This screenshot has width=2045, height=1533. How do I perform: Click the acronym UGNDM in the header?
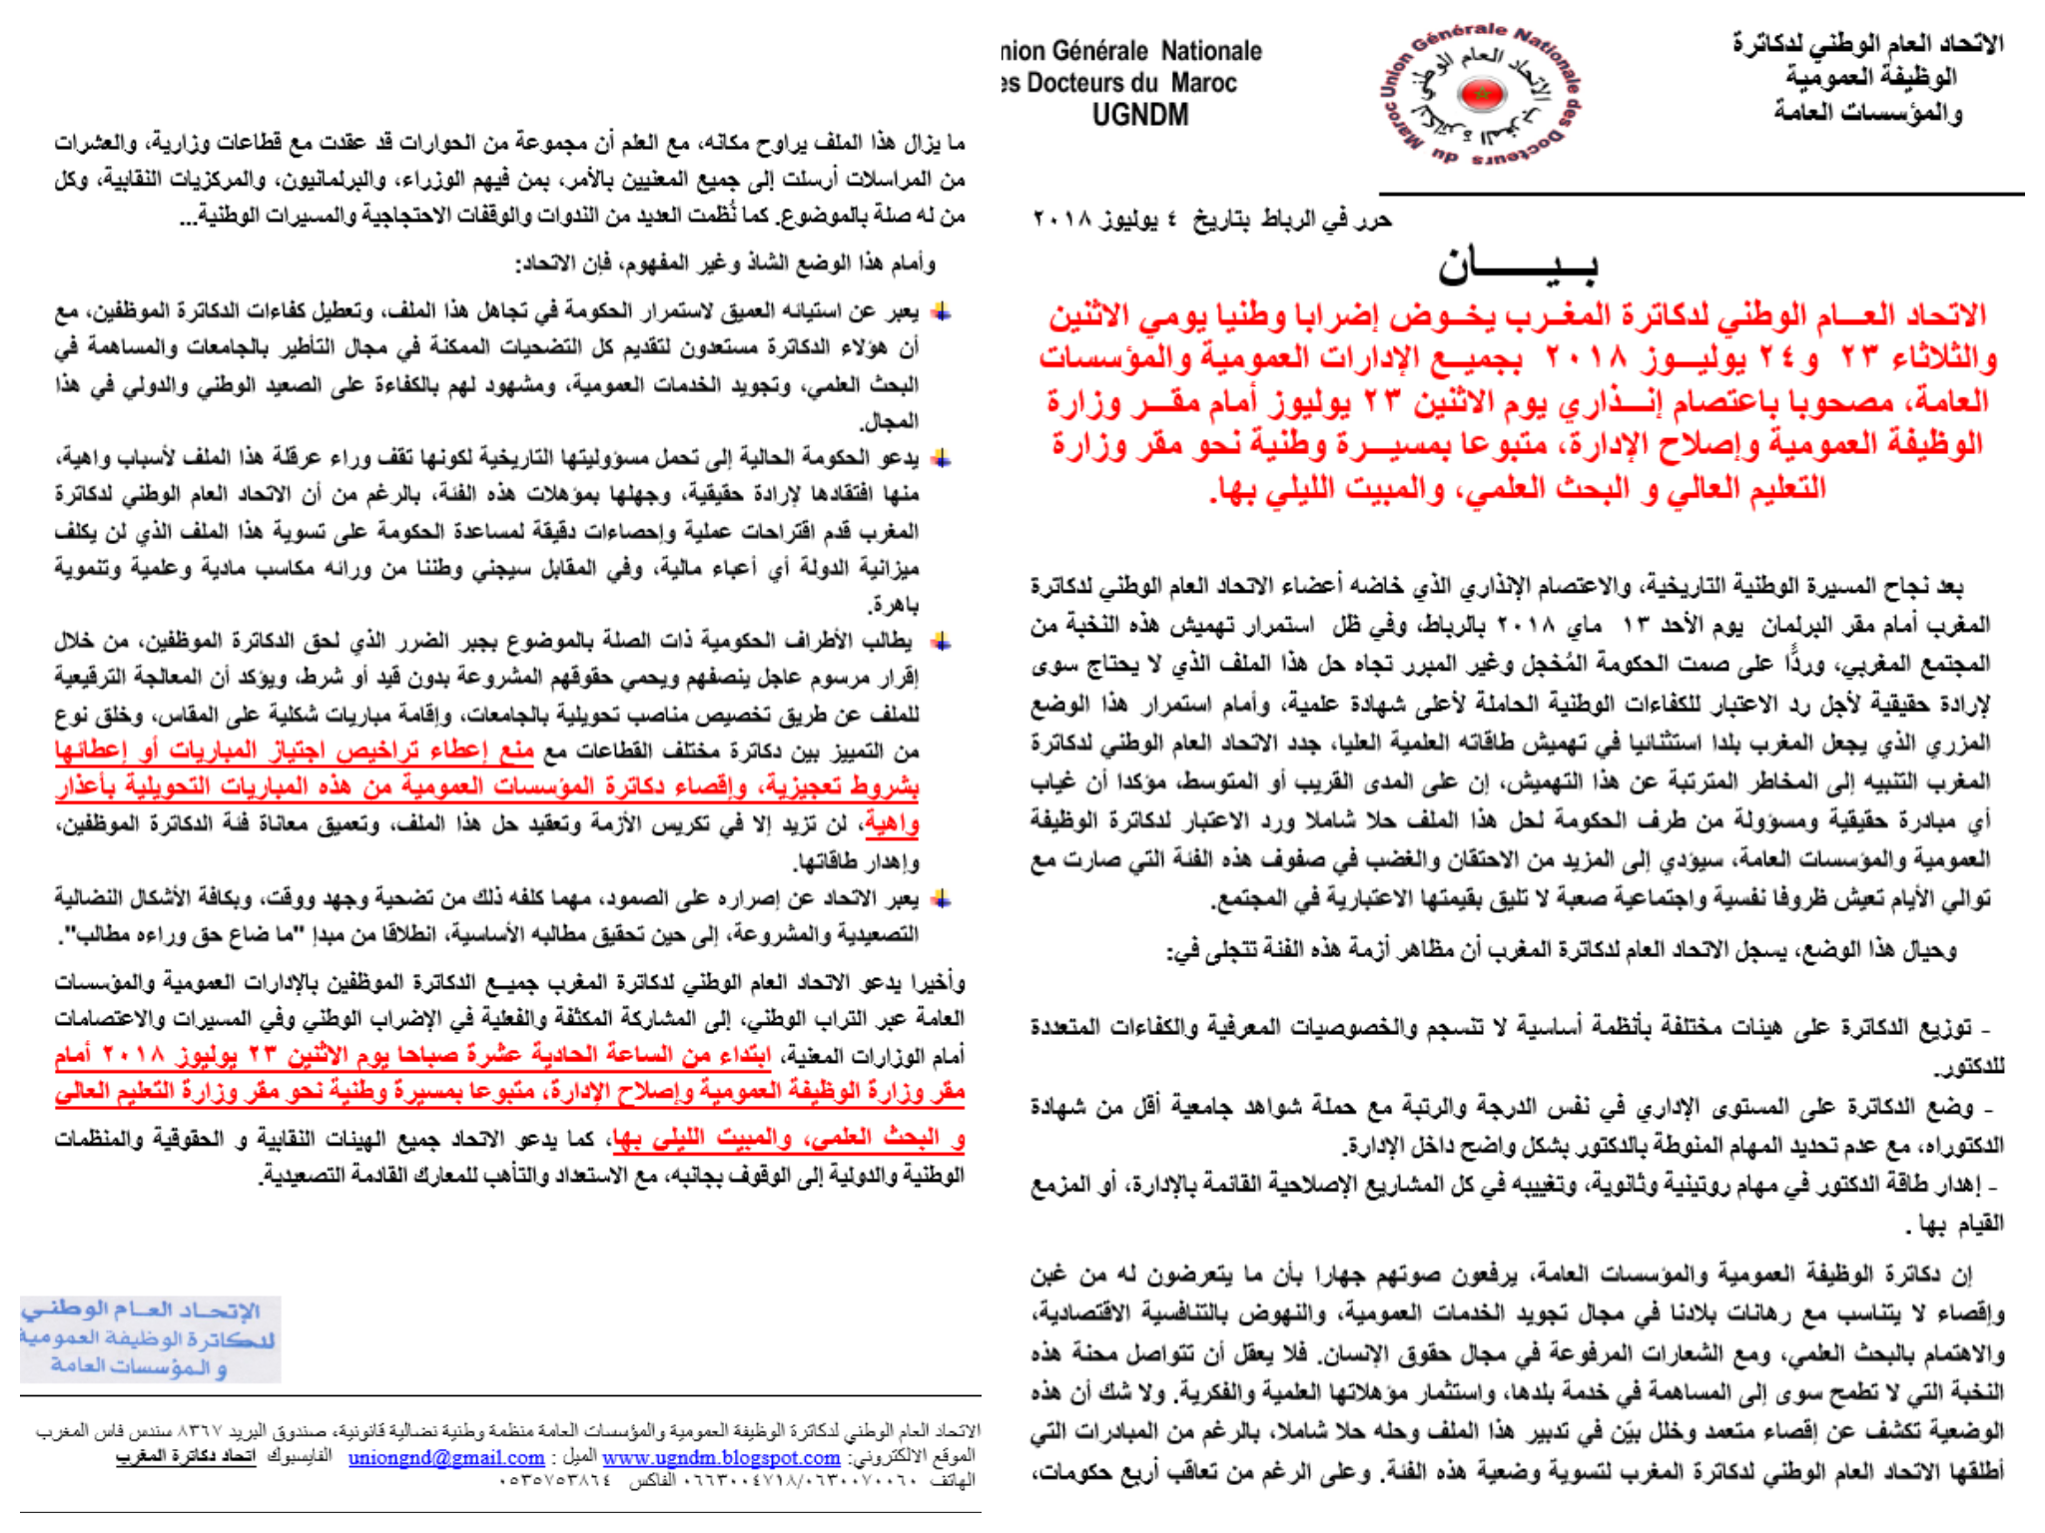click(1139, 116)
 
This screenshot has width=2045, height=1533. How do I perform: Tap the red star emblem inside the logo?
click(1480, 95)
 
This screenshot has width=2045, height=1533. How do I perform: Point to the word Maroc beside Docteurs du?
click(1204, 83)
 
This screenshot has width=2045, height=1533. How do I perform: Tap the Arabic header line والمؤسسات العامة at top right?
click(1867, 112)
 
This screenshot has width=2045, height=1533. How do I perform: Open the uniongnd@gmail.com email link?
click(445, 1458)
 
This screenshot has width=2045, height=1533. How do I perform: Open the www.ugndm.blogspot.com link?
click(721, 1458)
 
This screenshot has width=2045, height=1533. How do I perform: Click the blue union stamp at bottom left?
click(149, 1337)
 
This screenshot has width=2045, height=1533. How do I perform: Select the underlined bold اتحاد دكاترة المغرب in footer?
click(186, 1457)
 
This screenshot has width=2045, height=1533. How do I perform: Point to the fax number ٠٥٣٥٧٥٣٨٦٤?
click(555, 1481)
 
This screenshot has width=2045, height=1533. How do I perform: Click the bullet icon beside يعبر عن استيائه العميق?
click(940, 312)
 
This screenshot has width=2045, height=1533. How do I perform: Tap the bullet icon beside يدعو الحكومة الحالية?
click(940, 459)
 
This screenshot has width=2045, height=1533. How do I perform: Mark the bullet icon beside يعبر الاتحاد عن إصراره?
click(940, 899)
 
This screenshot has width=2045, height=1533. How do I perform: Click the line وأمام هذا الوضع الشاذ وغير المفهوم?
click(725, 264)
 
